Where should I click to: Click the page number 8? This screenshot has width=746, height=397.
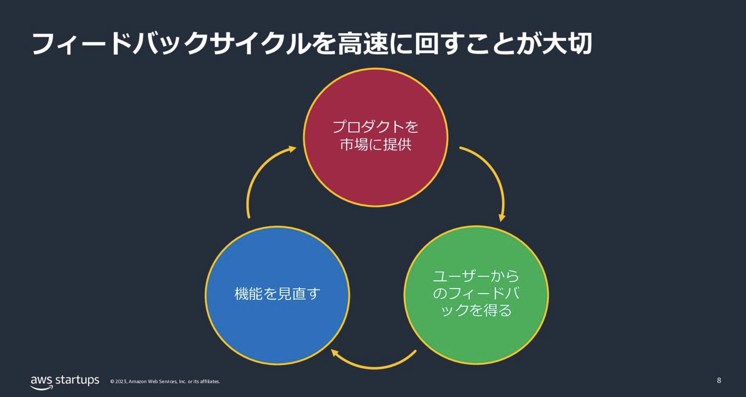tap(719, 380)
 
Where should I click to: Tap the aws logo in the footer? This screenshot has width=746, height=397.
tap(42, 382)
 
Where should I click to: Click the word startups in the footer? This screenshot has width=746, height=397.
tap(77, 380)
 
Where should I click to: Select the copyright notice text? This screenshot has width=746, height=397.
tap(165, 382)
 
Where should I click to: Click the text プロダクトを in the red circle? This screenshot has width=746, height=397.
tap(375, 127)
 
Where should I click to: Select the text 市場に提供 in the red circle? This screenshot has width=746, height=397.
tap(375, 145)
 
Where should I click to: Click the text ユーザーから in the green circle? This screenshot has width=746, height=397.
tap(476, 276)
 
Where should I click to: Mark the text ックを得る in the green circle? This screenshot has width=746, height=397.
tap(476, 310)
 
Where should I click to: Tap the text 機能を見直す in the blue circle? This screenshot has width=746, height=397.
tap(277, 294)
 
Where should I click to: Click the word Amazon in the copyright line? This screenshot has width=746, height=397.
tap(138, 382)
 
